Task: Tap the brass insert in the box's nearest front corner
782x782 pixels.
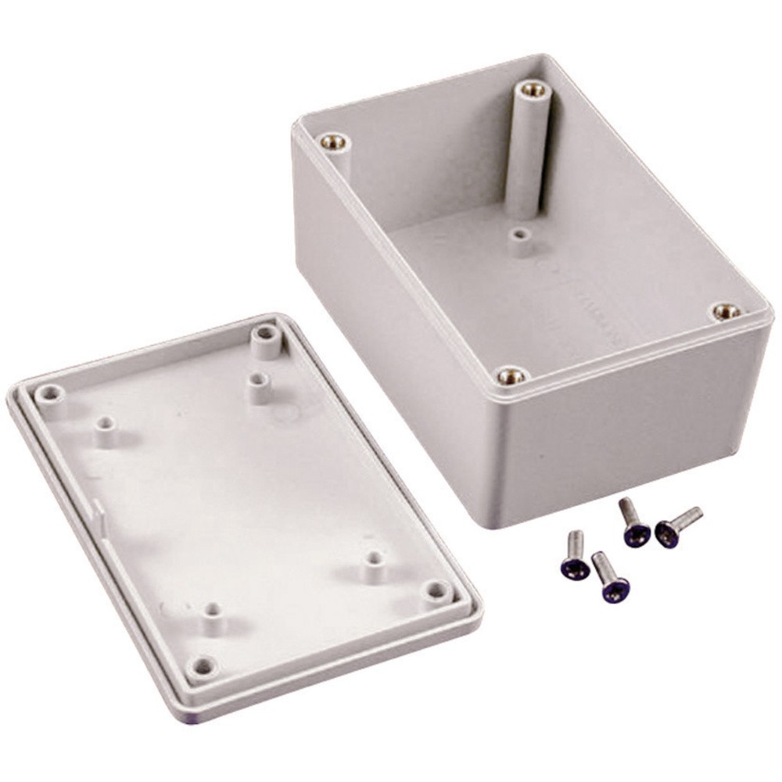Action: [511, 376]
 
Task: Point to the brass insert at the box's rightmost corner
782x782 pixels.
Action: [728, 311]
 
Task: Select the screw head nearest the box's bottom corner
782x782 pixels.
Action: [634, 534]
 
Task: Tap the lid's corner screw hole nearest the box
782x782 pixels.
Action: [266, 336]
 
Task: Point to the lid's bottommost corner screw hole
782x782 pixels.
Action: [203, 666]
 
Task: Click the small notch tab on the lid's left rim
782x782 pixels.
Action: [100, 512]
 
